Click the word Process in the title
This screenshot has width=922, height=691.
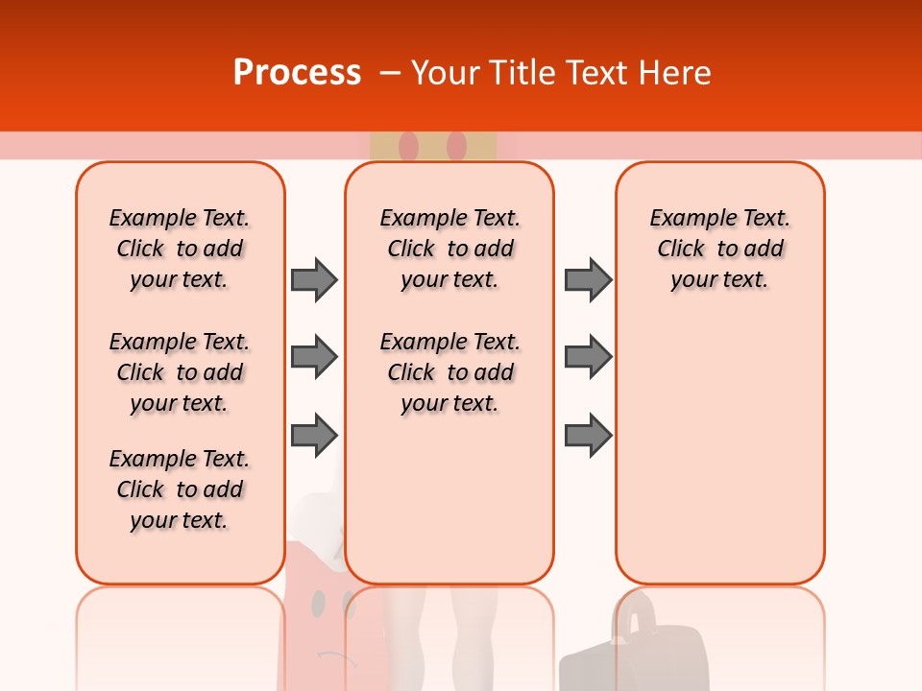[297, 73]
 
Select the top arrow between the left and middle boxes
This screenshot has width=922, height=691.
[314, 279]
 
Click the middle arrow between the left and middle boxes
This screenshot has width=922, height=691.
[314, 357]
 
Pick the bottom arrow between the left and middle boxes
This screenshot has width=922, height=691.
[314, 436]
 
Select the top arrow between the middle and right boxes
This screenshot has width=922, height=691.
[588, 279]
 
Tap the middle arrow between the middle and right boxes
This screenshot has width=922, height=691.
[588, 357]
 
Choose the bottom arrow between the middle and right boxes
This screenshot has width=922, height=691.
[588, 436]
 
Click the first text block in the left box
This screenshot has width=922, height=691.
[180, 249]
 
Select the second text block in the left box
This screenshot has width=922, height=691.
[180, 372]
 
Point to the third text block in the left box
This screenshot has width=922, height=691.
[180, 489]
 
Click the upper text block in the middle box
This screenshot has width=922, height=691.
[449, 249]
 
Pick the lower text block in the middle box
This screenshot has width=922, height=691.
[449, 372]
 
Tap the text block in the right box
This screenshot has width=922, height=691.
[719, 249]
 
